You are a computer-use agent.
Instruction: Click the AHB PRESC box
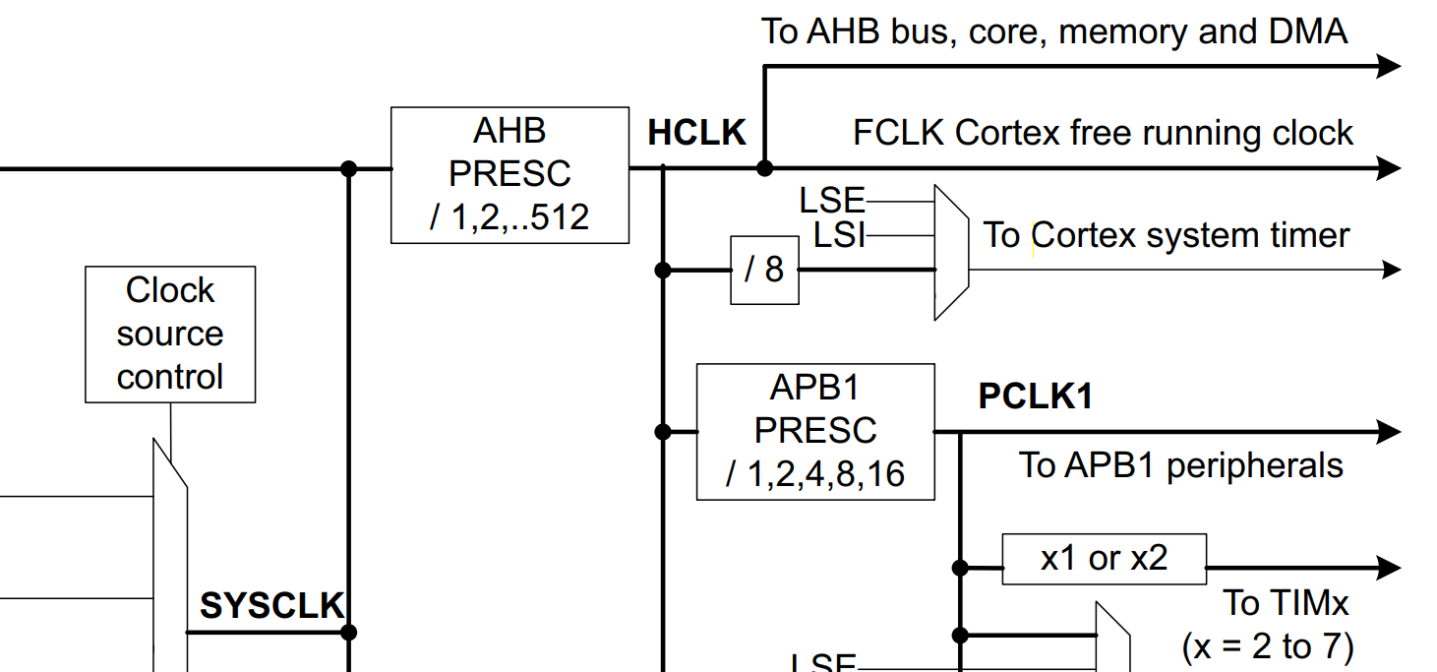click(x=509, y=174)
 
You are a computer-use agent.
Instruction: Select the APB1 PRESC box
click(x=814, y=432)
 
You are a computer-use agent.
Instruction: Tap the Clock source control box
click(x=170, y=335)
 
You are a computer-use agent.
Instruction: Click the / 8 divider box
click(x=764, y=270)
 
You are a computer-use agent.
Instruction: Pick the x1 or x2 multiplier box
click(x=1104, y=559)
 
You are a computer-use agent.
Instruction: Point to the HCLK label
click(x=696, y=134)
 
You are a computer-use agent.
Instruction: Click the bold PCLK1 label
click(x=1035, y=397)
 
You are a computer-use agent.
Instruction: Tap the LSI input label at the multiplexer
click(x=839, y=235)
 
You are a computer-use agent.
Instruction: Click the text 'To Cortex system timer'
click(x=1167, y=236)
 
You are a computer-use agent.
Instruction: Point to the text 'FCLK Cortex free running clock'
click(x=1103, y=133)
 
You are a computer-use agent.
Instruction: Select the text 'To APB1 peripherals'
click(x=1180, y=465)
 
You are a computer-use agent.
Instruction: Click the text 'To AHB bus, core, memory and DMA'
click(x=1053, y=31)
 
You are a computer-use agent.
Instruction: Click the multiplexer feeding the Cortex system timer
click(x=950, y=253)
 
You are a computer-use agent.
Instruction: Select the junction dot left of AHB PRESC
click(x=348, y=168)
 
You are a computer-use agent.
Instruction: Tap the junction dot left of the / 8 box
click(x=663, y=270)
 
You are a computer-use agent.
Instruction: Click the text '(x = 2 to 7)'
click(x=1267, y=646)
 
